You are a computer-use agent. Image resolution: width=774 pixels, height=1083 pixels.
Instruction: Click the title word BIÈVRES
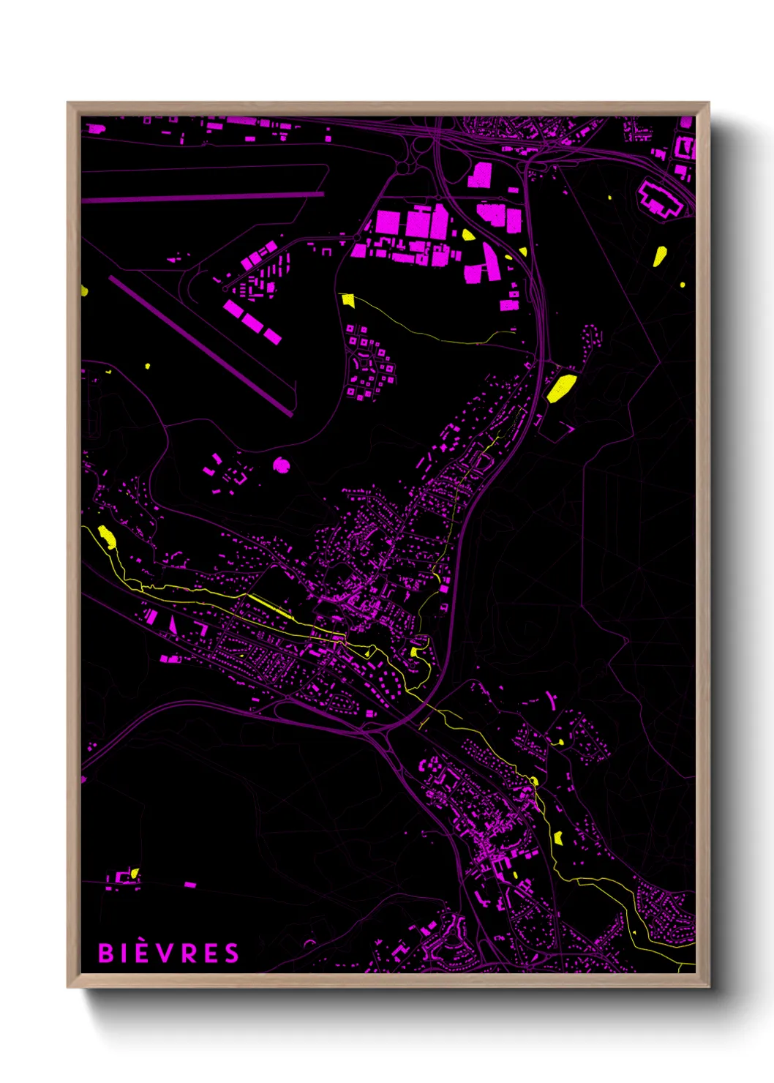(x=168, y=953)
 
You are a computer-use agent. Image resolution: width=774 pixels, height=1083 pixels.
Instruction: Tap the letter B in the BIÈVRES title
(x=105, y=953)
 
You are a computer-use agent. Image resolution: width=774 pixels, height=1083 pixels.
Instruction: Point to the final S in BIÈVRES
(x=231, y=953)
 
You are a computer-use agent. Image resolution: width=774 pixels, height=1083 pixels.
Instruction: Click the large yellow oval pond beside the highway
(x=561, y=388)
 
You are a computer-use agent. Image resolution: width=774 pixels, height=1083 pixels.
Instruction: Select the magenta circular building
(x=281, y=464)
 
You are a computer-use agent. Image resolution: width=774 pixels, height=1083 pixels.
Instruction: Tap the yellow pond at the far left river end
(x=107, y=536)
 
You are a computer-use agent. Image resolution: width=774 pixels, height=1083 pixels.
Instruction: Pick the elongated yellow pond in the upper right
(x=659, y=256)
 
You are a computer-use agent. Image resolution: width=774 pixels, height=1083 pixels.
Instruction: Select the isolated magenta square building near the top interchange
(x=480, y=175)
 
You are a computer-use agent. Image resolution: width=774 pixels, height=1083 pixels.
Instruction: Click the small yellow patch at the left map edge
(x=84, y=291)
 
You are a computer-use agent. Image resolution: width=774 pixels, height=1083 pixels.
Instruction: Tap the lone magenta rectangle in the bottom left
(x=190, y=885)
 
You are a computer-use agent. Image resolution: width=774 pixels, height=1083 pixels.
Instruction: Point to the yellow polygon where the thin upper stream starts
(x=347, y=299)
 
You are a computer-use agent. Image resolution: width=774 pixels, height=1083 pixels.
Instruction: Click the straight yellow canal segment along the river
(x=271, y=607)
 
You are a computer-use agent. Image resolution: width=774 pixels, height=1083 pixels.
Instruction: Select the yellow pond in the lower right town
(x=558, y=837)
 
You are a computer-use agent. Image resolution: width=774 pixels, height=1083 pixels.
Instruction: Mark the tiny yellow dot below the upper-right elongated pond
(x=683, y=285)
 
